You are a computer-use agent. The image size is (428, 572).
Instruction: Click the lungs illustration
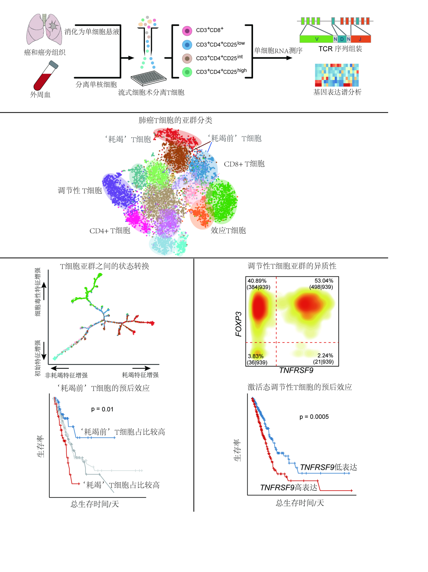point(45,29)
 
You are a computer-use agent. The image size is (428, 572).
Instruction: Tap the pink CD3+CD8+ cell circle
point(187,31)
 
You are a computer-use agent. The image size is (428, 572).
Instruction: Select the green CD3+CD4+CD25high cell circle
point(187,72)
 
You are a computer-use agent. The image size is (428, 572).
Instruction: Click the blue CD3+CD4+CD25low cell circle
point(187,45)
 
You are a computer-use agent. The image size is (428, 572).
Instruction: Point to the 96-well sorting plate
point(149,78)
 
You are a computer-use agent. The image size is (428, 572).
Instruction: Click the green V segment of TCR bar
point(316,39)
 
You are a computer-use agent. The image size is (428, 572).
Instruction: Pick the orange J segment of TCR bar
point(360,39)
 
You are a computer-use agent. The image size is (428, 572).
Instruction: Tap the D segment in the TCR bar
point(342,39)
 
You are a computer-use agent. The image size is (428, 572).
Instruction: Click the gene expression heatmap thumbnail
point(337,75)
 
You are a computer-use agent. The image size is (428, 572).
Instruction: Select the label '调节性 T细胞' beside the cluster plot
point(80,191)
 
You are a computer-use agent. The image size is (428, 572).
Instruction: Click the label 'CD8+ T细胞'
point(244,164)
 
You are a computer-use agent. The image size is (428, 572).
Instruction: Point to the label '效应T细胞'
point(228,230)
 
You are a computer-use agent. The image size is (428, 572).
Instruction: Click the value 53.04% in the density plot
point(324,281)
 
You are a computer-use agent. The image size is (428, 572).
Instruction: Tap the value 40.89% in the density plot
point(257,281)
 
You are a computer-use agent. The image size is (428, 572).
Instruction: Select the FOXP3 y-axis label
point(238,324)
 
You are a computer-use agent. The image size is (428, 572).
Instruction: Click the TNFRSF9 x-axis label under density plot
point(296,371)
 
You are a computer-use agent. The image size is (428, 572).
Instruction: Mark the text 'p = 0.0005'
point(314,417)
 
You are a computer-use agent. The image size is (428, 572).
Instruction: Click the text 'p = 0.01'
point(102,409)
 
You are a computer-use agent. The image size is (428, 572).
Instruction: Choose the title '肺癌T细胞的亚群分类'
point(175,120)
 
